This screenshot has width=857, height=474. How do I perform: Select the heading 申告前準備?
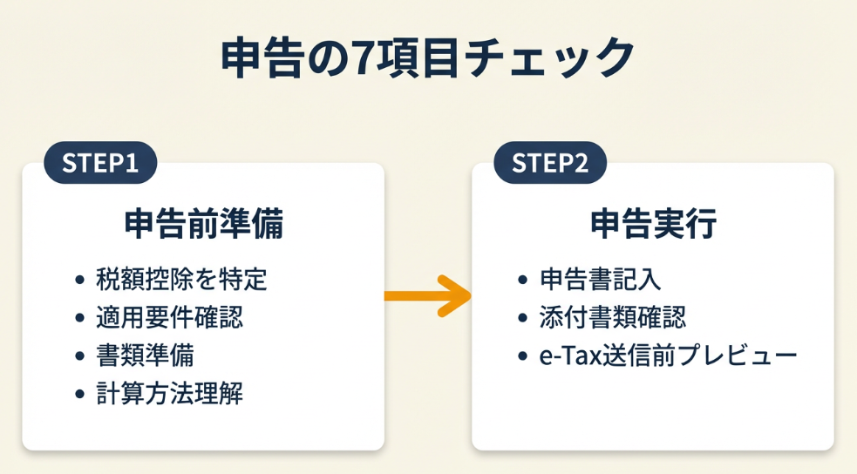click(203, 225)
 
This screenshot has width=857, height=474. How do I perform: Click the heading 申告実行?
click(653, 225)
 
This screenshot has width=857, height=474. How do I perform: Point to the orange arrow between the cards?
click(427, 296)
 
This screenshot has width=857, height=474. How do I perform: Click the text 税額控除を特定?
click(181, 280)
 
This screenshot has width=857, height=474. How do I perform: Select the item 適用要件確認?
click(169, 318)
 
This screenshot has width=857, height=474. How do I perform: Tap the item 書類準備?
click(145, 356)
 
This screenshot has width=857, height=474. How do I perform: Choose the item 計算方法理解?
click(169, 395)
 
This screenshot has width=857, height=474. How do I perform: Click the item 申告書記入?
click(601, 280)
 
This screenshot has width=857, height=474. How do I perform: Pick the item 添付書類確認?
click(613, 318)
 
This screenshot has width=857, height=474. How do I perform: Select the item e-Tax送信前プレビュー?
click(668, 356)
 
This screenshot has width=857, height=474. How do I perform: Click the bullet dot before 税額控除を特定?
click(80, 281)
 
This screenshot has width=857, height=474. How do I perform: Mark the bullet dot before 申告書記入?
click(523, 281)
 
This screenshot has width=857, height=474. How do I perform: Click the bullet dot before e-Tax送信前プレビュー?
click(523, 357)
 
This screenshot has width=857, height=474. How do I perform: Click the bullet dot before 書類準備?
click(80, 357)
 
